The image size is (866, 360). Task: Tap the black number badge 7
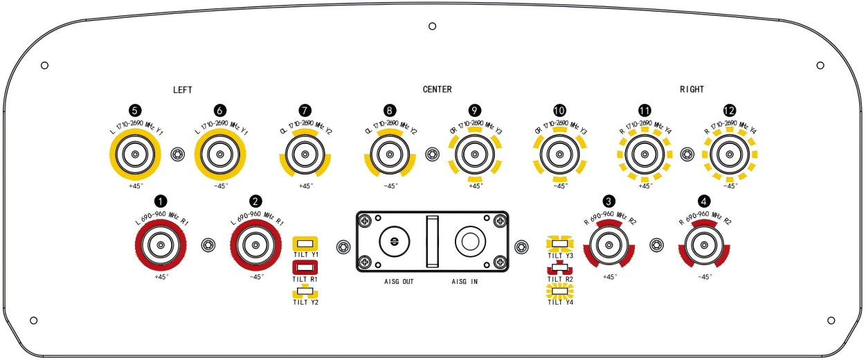point(305,111)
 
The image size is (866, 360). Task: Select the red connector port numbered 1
point(161,244)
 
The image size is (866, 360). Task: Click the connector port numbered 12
point(729,154)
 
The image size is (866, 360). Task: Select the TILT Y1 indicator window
point(305,244)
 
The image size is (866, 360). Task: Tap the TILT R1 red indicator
point(305,267)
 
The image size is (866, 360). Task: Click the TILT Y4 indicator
point(560,290)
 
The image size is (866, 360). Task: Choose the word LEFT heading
point(183,90)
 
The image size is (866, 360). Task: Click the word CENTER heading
point(437,90)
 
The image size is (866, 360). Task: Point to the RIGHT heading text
point(692,90)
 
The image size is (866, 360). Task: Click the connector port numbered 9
point(475,154)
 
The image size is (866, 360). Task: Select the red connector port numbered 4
point(704,244)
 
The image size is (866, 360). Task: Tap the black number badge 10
point(559,111)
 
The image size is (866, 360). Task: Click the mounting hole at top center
point(433,26)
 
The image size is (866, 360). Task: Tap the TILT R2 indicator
point(560,267)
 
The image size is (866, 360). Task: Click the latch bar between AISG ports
point(432,241)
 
